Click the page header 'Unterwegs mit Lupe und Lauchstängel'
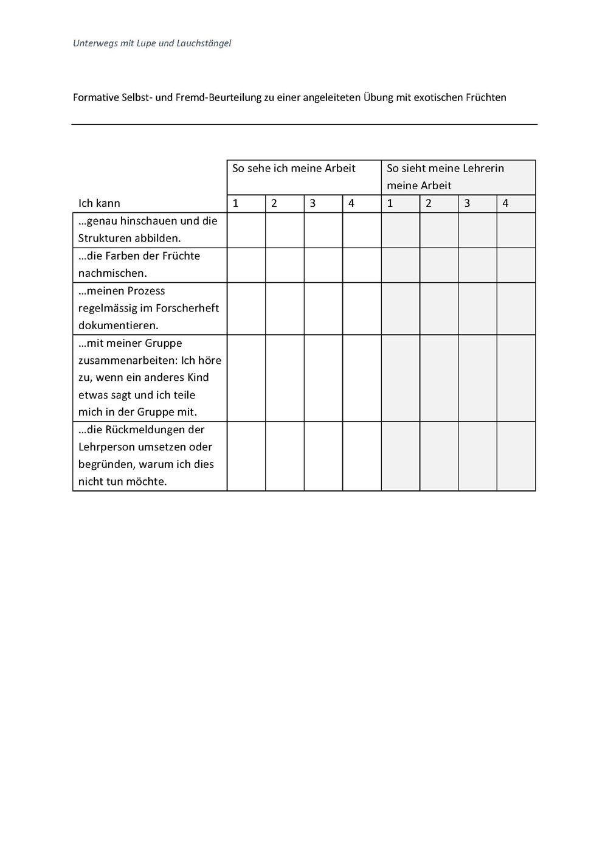pyautogui.click(x=152, y=43)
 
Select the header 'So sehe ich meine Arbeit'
pyautogui.click(x=294, y=169)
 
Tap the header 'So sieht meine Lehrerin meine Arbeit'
pyautogui.click(x=445, y=176)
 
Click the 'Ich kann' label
pyautogui.click(x=99, y=203)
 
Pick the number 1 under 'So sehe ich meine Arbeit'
pyautogui.click(x=236, y=203)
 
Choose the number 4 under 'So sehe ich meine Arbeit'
pyautogui.click(x=351, y=203)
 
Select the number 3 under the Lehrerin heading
pyautogui.click(x=467, y=203)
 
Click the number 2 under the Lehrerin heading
pyautogui.click(x=429, y=203)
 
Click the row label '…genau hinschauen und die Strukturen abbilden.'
pyautogui.click(x=148, y=229)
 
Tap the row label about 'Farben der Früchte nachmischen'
pyautogui.click(x=139, y=265)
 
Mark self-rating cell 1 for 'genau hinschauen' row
pyautogui.click(x=246, y=230)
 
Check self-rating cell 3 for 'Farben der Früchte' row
pyautogui.click(x=323, y=265)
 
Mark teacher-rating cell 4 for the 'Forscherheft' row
pyautogui.click(x=516, y=308)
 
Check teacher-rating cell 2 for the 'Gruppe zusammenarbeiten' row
pyautogui.click(x=439, y=378)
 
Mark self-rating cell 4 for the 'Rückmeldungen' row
pyautogui.click(x=362, y=456)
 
